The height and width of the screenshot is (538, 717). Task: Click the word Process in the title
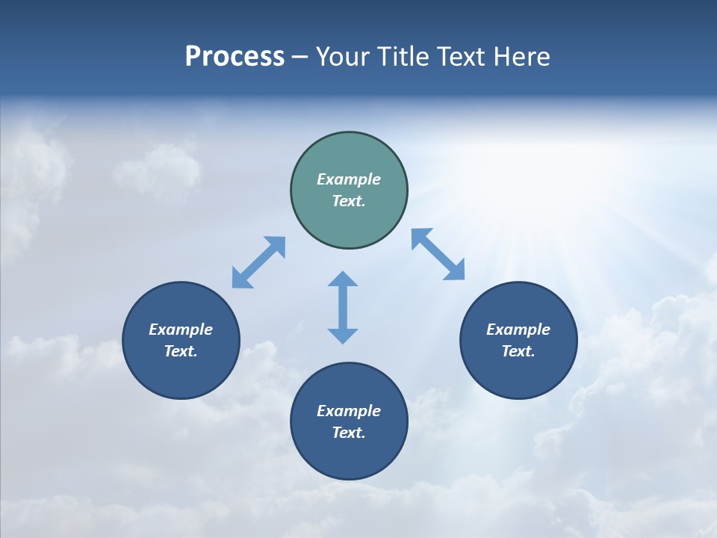pos(235,57)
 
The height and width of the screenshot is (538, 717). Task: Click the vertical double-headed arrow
pos(343,307)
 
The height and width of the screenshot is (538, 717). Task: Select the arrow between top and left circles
pos(258,262)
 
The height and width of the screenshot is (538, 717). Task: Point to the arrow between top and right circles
pos(438,254)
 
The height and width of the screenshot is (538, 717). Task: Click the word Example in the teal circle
pos(349,179)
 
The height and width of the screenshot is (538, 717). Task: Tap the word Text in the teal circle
pos(348,201)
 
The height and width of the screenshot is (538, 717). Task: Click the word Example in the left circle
pos(181,330)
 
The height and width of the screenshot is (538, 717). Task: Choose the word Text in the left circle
pos(180,351)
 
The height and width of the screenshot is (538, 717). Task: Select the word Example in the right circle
pos(518,330)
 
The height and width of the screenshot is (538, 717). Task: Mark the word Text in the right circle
pos(518,351)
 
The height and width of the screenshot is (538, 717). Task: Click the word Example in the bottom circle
pos(349,411)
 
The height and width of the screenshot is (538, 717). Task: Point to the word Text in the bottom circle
pos(348,433)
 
